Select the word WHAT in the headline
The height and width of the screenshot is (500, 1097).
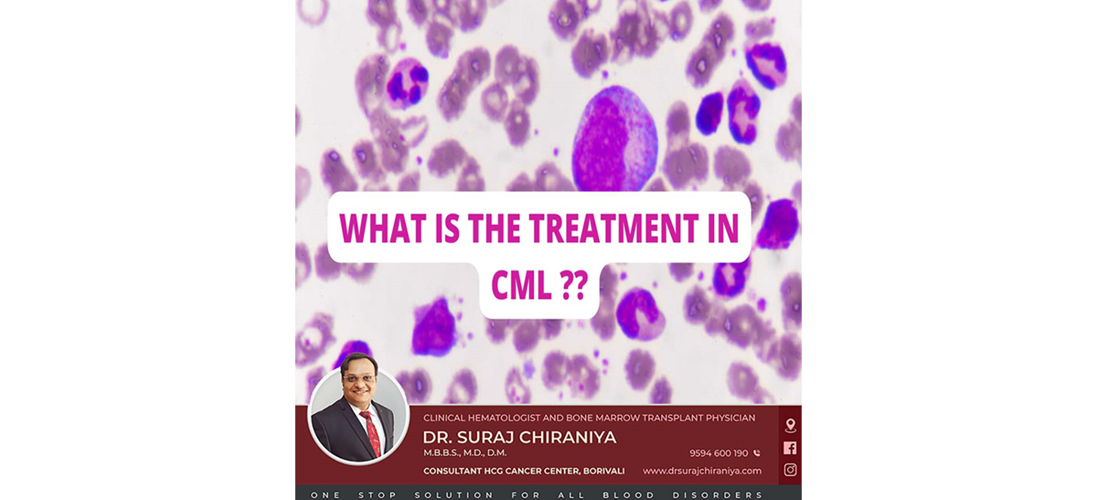[x=383, y=229]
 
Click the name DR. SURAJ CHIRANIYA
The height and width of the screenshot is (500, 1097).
[x=519, y=437]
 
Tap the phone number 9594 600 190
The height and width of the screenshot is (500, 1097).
[x=719, y=453]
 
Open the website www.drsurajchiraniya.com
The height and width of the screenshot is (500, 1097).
[x=702, y=471]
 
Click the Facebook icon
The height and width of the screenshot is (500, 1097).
[x=790, y=448]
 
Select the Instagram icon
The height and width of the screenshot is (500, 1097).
[x=790, y=470]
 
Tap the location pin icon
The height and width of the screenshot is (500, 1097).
[x=790, y=425]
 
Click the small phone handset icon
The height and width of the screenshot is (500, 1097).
[x=757, y=453]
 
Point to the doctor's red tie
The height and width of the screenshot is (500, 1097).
[x=372, y=433]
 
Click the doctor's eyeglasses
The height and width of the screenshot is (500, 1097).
[x=359, y=378]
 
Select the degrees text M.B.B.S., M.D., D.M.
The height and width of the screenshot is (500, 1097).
[x=464, y=453]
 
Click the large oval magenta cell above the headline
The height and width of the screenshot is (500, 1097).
[x=614, y=139]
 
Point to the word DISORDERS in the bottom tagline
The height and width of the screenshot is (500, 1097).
[x=718, y=495]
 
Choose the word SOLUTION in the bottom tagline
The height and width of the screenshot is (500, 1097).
[x=454, y=495]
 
